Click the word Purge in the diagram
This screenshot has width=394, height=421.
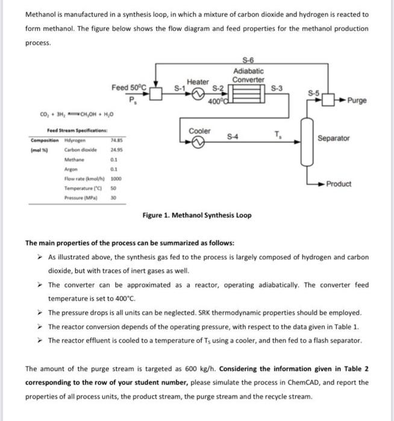pyautogui.click(x=357, y=100)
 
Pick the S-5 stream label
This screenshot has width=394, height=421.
pyautogui.click(x=313, y=93)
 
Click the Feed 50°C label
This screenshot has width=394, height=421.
pyautogui.click(x=129, y=88)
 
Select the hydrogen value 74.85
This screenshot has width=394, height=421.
pyautogui.click(x=113, y=140)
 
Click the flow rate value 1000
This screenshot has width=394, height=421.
pyautogui.click(x=113, y=179)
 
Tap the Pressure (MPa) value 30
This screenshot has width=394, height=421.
pyautogui.click(x=112, y=197)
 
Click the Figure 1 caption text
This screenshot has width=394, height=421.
pyautogui.click(x=197, y=215)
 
